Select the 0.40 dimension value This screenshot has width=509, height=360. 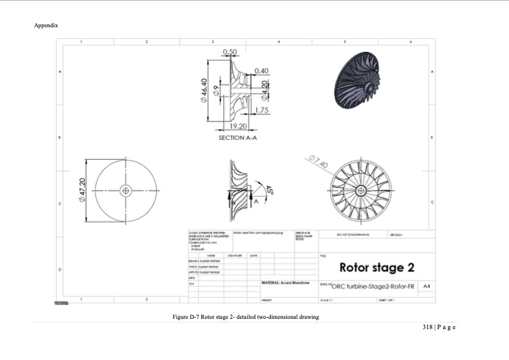tap(261, 71)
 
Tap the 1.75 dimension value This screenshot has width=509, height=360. tap(261, 110)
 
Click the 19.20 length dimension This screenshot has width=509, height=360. tap(239, 126)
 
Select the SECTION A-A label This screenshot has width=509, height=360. tap(239, 138)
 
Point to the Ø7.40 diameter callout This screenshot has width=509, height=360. tap(317, 162)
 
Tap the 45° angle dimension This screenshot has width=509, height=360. tap(270, 190)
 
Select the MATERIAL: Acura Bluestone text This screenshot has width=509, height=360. tap(285, 283)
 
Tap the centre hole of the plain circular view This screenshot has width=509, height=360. tap(126, 190)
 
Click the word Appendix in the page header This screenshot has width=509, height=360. tap(46, 25)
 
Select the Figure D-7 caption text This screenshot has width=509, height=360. tap(245, 316)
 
